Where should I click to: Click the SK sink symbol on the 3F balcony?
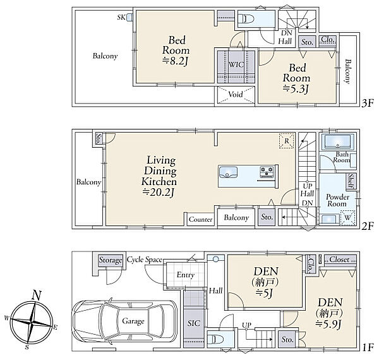[x=129, y=17]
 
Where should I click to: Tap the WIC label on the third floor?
[x=236, y=64]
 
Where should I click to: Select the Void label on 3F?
[x=236, y=94]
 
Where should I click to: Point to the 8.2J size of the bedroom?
[x=175, y=61]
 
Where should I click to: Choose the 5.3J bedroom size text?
[x=296, y=89]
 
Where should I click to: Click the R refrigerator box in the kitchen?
[x=286, y=141]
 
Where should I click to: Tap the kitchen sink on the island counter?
[x=228, y=172]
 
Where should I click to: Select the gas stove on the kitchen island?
[x=267, y=171]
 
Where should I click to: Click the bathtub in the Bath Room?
[x=337, y=142]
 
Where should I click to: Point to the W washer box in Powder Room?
[x=347, y=218]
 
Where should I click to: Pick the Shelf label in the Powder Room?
[x=351, y=181]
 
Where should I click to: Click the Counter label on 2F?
[x=201, y=219]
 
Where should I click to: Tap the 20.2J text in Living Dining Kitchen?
[x=159, y=193]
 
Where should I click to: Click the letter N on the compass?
[x=36, y=295]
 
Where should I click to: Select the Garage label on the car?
[x=133, y=321]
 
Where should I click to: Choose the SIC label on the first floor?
[x=194, y=323]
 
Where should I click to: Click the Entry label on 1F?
[x=186, y=275]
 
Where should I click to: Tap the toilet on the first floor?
[x=215, y=340]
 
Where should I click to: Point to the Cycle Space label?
[x=145, y=260]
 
